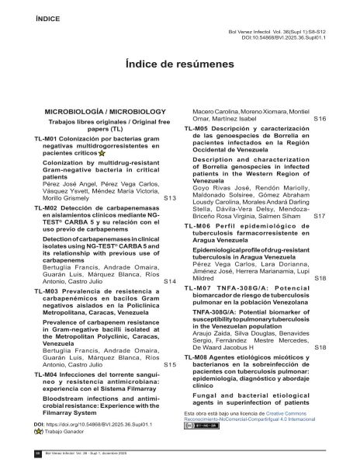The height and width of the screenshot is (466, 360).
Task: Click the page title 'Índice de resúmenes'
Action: click(x=180, y=71)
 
